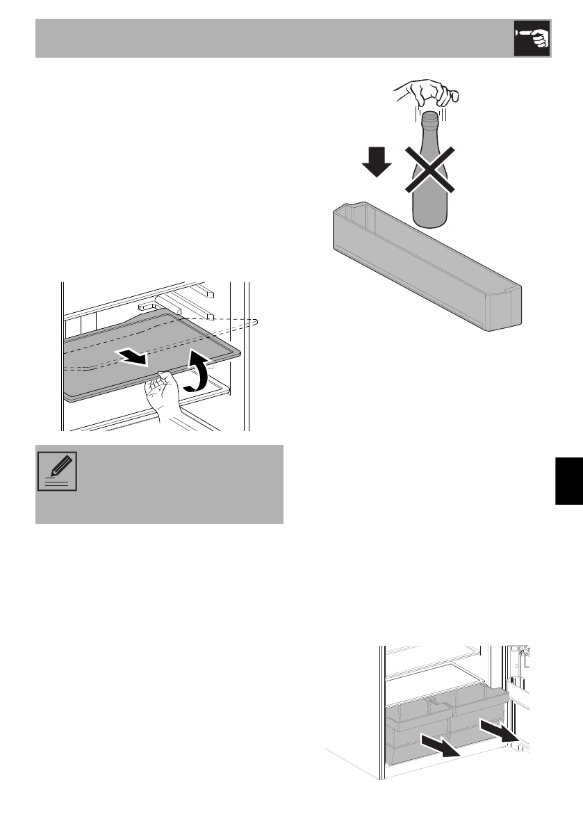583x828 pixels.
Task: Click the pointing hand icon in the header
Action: [532, 38]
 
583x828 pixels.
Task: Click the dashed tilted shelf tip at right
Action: [254, 320]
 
